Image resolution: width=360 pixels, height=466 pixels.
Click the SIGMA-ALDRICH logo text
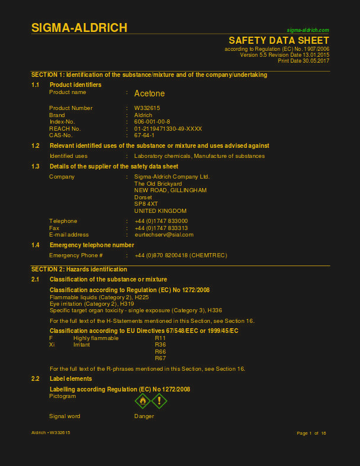[79, 28]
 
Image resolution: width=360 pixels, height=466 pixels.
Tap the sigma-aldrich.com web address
[307, 30]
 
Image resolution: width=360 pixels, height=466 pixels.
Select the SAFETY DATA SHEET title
[279, 40]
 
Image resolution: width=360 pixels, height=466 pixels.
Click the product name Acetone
[150, 93]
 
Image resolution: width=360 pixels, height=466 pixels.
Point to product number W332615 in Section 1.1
[147, 108]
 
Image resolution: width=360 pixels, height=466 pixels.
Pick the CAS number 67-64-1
[144, 135]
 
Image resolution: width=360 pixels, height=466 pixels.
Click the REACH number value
[168, 128]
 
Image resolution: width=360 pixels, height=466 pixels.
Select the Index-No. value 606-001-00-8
[152, 121]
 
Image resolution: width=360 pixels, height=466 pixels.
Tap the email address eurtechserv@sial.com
[164, 235]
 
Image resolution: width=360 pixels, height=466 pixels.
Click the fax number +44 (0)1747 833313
[161, 228]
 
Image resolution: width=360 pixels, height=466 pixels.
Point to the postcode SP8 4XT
[146, 204]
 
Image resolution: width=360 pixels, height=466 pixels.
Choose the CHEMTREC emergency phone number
[180, 255]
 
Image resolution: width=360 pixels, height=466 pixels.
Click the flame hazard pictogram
[142, 401]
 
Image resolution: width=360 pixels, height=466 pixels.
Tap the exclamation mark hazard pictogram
[160, 401]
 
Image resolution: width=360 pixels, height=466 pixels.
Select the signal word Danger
[144, 416]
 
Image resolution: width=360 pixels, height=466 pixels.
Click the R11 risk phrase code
[160, 338]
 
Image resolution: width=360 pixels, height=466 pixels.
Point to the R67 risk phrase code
[160, 358]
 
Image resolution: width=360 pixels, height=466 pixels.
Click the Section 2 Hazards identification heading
[79, 269]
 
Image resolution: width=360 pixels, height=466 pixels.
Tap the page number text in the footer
[312, 433]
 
